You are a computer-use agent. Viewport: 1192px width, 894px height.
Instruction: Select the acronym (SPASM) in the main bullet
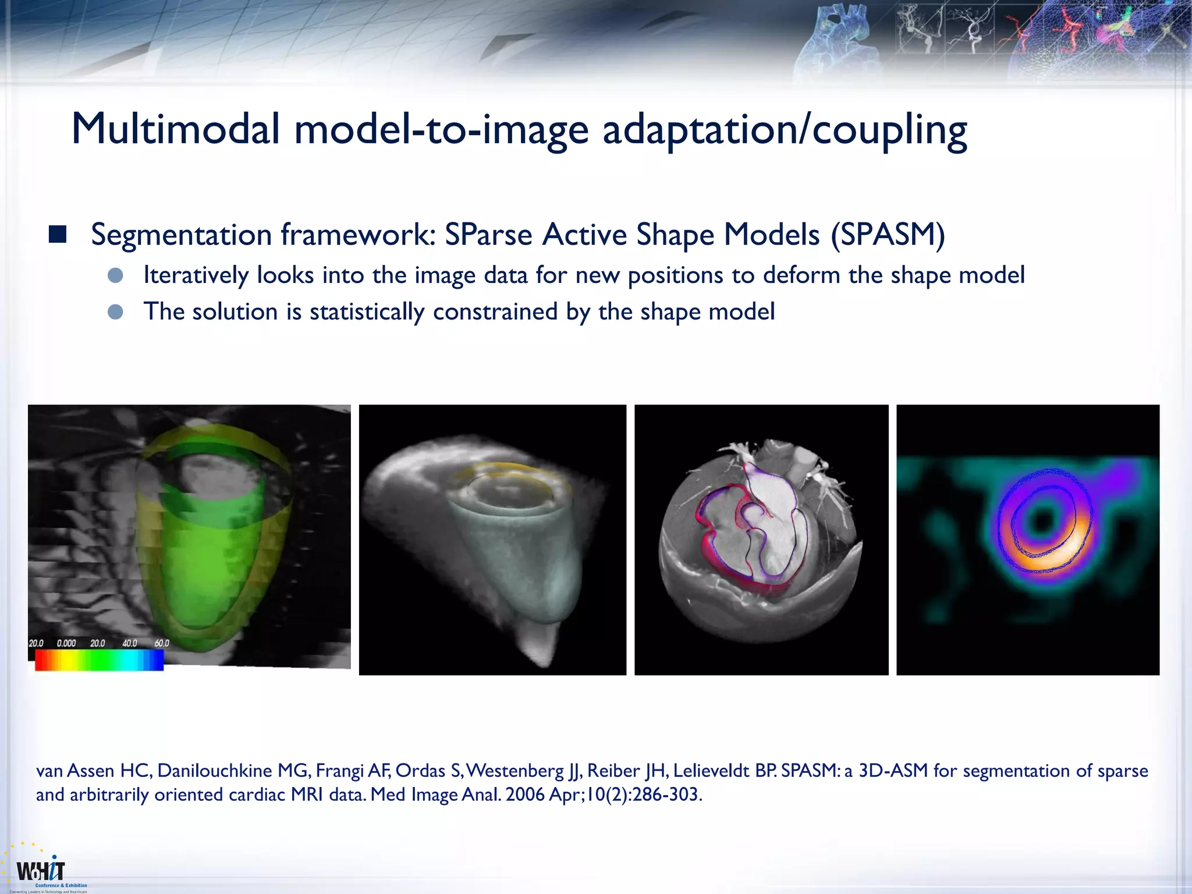[888, 235]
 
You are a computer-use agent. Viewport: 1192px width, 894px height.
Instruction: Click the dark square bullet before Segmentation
[58, 235]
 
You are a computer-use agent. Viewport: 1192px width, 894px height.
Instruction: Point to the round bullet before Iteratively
[115, 275]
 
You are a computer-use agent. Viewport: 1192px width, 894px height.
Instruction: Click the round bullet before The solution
[115, 312]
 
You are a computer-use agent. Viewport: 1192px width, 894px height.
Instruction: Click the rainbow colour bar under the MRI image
[99, 660]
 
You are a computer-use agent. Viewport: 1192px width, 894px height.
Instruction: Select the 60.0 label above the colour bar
[162, 643]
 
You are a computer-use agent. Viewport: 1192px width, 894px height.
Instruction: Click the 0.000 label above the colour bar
[66, 643]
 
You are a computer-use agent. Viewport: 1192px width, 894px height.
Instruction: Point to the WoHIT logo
[41, 871]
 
